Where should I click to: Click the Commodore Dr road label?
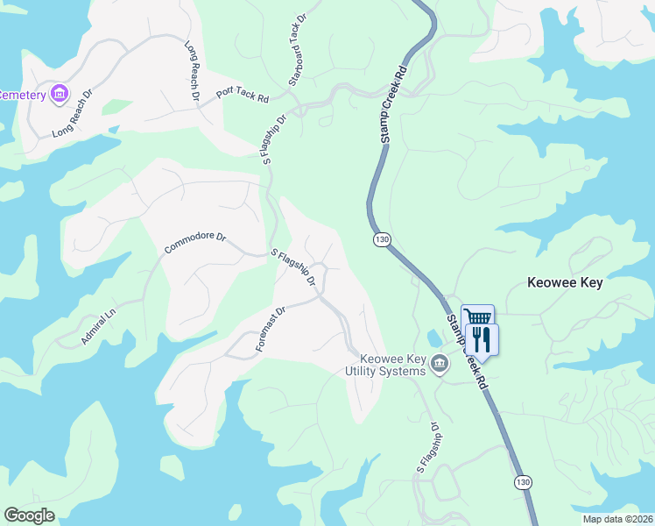[x=194, y=244]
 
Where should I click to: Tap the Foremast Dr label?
[x=271, y=329]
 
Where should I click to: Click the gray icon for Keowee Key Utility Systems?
[x=440, y=363]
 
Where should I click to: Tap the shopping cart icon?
[x=477, y=318]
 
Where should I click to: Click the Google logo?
[x=29, y=515]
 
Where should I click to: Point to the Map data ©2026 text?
[x=616, y=519]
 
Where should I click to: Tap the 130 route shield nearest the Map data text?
[x=523, y=483]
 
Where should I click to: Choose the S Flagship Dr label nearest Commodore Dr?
[x=294, y=267]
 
